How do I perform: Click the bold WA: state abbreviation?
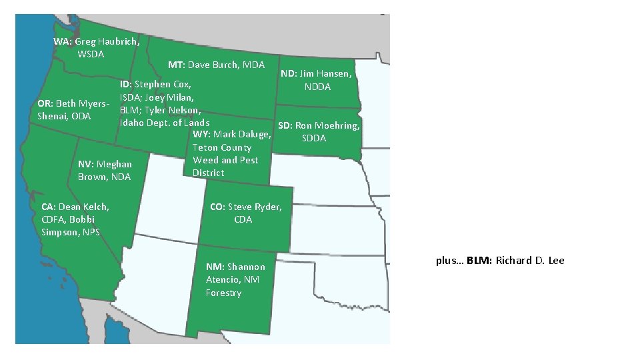coord(63,41)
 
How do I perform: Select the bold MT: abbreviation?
coord(176,65)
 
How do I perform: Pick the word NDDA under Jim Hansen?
coord(317,87)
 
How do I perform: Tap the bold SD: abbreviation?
coord(285,125)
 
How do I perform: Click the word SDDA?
coord(314,138)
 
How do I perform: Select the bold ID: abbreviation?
coord(126,85)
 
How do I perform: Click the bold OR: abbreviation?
coord(45,104)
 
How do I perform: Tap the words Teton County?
coord(222,147)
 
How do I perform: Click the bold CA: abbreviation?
coord(49,207)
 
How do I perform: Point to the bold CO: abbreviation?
coord(218,207)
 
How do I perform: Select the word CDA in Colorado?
coord(243,219)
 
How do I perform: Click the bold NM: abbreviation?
coord(215,267)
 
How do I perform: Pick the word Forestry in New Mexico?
coord(223,293)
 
